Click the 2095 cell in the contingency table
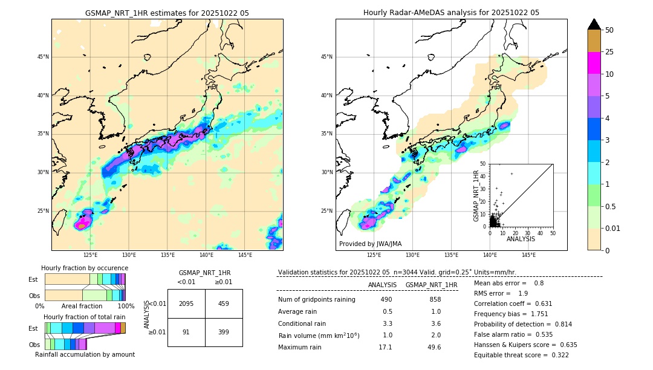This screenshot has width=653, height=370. click(x=186, y=303)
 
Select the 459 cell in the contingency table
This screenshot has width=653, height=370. click(x=224, y=303)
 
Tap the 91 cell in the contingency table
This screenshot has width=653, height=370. click(x=186, y=332)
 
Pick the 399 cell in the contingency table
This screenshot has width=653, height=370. click(x=224, y=332)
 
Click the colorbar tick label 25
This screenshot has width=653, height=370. click(x=609, y=52)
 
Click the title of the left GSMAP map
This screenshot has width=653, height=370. click(x=167, y=13)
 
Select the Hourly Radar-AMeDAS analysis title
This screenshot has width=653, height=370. click(x=451, y=13)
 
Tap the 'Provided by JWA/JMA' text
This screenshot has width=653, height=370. click(x=370, y=244)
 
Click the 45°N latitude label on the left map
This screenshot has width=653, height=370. click(x=43, y=57)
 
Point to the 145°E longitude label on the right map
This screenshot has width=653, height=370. click(x=528, y=255)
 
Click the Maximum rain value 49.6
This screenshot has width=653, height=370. click(x=434, y=347)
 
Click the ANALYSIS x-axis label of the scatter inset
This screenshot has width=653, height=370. click(x=521, y=239)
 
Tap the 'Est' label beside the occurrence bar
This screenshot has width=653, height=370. click(x=33, y=279)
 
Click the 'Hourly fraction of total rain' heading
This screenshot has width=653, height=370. click(x=85, y=317)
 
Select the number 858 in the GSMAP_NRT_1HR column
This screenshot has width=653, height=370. click(x=434, y=299)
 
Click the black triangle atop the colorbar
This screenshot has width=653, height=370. click(x=594, y=24)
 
